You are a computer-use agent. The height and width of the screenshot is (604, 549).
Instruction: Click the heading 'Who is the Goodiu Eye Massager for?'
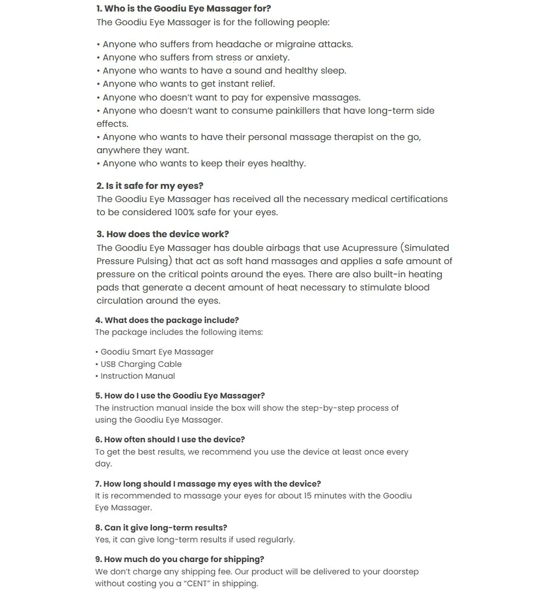(x=183, y=9)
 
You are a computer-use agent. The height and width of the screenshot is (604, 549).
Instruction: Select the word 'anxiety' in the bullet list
(x=272, y=58)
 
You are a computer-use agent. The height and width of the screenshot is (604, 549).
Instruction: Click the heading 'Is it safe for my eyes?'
(x=150, y=186)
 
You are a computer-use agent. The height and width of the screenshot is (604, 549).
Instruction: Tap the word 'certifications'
(x=419, y=199)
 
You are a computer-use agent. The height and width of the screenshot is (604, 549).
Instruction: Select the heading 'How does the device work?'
(x=163, y=234)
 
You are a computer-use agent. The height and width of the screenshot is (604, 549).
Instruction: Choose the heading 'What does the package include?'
(x=167, y=321)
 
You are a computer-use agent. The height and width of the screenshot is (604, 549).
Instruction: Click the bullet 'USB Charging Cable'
(x=141, y=364)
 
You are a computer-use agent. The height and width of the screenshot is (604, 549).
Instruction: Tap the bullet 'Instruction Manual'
(x=138, y=376)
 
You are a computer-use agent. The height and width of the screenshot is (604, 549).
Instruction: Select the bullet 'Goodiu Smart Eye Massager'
(x=157, y=352)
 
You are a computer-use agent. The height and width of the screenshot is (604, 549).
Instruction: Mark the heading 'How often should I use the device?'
(x=170, y=440)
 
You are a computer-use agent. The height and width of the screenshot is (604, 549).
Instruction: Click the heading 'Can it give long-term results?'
(x=161, y=528)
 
